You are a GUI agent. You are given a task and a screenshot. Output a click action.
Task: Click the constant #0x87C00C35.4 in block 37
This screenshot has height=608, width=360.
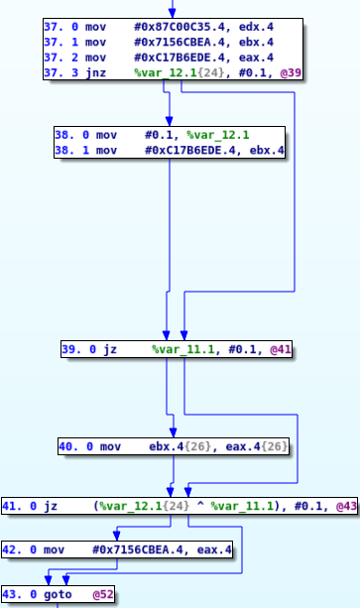click(x=177, y=27)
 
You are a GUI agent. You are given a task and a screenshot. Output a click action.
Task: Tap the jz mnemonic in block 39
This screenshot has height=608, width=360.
click(x=110, y=350)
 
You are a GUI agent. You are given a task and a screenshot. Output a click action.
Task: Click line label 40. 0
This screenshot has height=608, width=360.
click(x=74, y=446)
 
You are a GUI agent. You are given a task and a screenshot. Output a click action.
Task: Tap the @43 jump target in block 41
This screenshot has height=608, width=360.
click(x=346, y=506)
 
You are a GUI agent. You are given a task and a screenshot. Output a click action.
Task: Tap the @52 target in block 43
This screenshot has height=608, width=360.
click(x=102, y=595)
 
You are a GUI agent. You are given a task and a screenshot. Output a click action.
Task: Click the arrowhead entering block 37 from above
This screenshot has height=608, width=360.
click(x=171, y=13)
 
